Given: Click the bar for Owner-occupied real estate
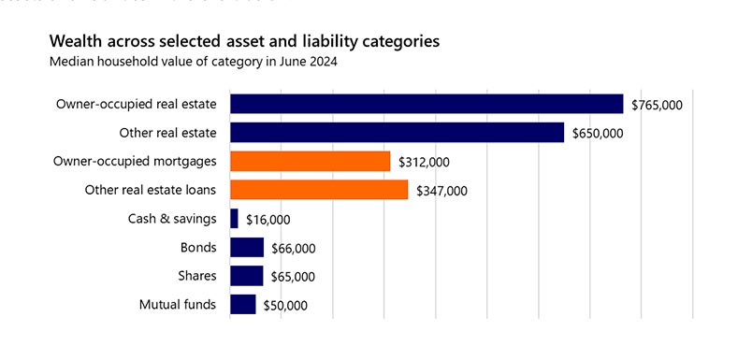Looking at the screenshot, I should pos(426,104).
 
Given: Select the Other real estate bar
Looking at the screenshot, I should pos(397,133).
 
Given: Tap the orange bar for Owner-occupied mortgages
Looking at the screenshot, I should pos(310,162).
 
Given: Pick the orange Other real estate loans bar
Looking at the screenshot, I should pos(318,190).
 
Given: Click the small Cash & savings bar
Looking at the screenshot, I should pos(234,219).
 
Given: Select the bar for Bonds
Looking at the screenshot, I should pos(246,248).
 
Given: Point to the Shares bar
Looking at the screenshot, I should pos(246,276).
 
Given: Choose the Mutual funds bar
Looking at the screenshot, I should pos(242,305).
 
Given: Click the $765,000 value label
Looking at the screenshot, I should pos(657,105).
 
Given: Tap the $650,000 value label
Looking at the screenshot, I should pos(598,134).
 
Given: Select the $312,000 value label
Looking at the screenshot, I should pos(424,163).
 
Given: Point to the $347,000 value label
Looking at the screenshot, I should pos(441,191).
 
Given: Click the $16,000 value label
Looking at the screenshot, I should pos(268,220).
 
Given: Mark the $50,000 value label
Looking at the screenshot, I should pos(285,306).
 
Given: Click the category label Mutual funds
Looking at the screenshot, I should pos(178,305).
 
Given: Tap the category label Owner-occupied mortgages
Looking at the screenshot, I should pos(136,161).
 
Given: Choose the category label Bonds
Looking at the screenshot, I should pos(198,248).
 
